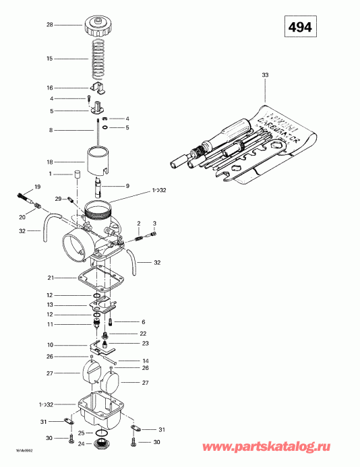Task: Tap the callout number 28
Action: coord(49,25)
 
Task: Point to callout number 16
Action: coord(49,88)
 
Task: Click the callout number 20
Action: coord(22,217)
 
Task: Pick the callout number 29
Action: coord(58,198)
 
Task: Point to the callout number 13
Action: coord(49,305)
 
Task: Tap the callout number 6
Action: coord(143,321)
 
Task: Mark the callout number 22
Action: coord(143,334)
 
